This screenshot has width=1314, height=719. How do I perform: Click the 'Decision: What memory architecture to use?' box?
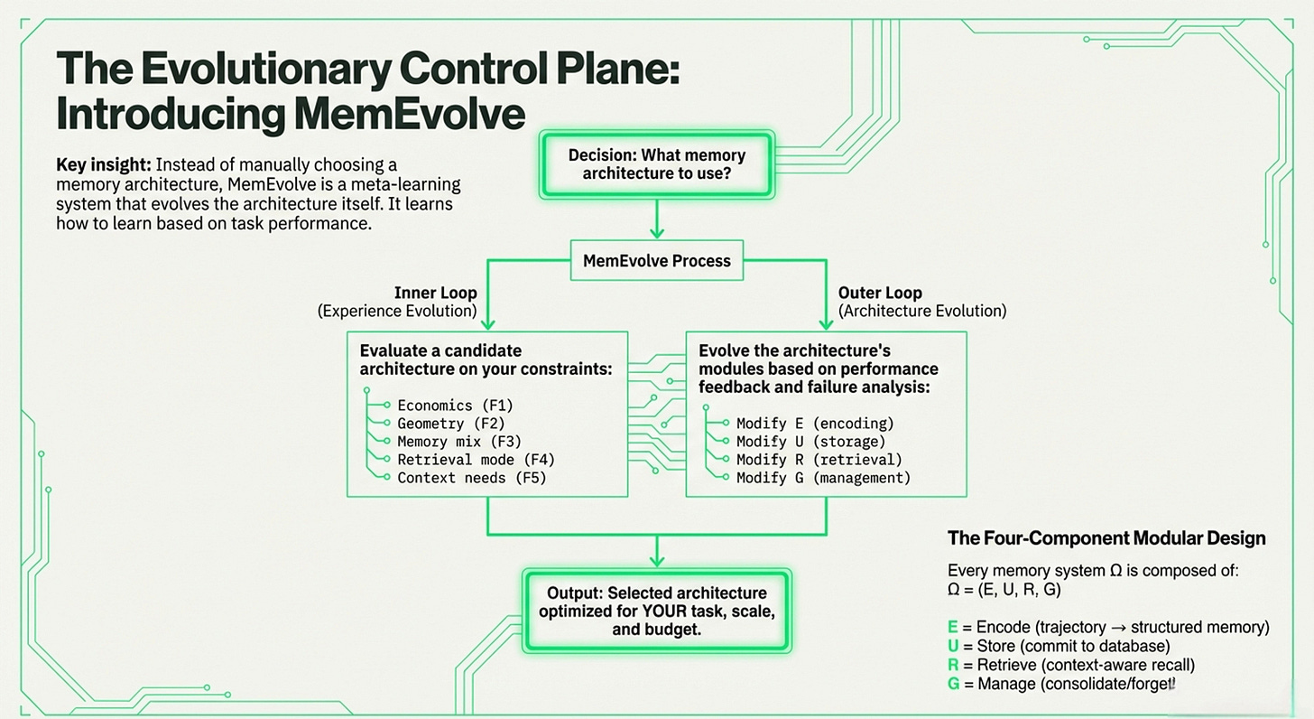click(656, 163)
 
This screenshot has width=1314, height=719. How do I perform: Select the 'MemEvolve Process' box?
click(656, 261)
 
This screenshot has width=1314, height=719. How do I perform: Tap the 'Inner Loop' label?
click(435, 293)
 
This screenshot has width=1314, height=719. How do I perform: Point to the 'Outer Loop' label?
click(880, 293)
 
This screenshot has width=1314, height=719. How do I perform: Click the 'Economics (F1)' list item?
click(455, 406)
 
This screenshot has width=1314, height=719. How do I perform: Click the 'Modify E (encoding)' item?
click(815, 423)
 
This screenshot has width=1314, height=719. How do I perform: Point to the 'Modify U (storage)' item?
click(811, 442)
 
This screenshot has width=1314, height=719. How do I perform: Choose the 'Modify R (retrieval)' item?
click(819, 460)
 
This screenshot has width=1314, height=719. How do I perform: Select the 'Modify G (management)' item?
click(823, 478)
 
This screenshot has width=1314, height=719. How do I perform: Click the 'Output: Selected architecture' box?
click(656, 611)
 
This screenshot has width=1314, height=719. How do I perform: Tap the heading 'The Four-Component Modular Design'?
click(1106, 538)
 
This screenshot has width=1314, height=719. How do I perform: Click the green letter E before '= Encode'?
click(953, 627)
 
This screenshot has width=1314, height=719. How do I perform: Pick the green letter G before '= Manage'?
click(954, 684)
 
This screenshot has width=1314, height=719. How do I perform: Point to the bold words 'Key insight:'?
click(103, 165)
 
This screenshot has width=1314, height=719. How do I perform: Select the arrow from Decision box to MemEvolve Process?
click(657, 219)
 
